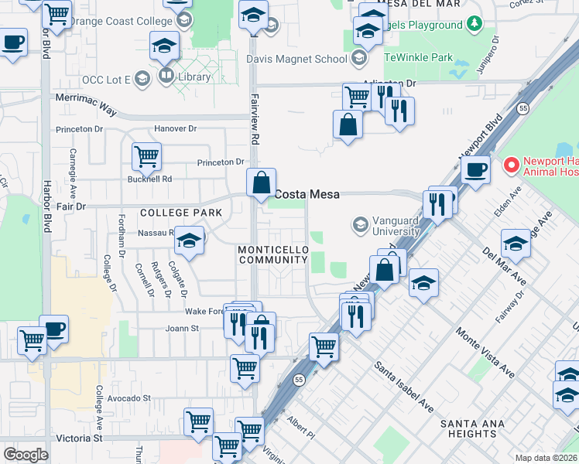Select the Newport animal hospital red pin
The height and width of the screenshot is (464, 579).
511,165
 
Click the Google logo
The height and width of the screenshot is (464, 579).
26,455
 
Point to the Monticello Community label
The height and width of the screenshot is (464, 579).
273,255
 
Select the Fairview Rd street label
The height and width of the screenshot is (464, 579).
254,119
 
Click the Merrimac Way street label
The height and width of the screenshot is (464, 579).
85,105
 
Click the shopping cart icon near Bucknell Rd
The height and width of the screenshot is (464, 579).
146,156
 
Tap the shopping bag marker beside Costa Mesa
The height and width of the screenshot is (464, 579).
262,183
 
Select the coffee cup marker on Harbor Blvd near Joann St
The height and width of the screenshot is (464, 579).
53,328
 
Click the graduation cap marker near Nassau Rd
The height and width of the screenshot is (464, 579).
188,241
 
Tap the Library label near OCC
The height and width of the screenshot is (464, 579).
195,77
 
